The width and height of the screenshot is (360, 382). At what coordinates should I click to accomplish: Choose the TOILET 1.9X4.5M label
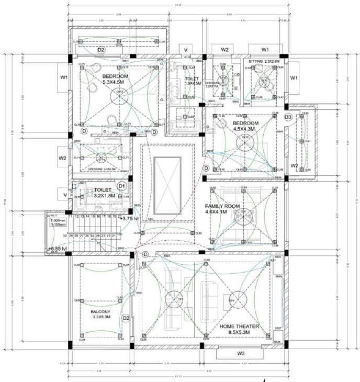click(x=192, y=80)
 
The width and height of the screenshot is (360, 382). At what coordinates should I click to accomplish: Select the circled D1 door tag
click(x=122, y=185)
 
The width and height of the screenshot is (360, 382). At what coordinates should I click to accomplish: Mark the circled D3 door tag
click(x=288, y=117)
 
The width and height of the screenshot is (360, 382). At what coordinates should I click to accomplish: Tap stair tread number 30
click(x=64, y=236)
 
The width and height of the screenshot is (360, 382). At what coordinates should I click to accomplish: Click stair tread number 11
click(x=70, y=216)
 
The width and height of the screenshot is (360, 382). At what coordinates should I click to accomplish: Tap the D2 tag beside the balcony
click(x=126, y=318)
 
